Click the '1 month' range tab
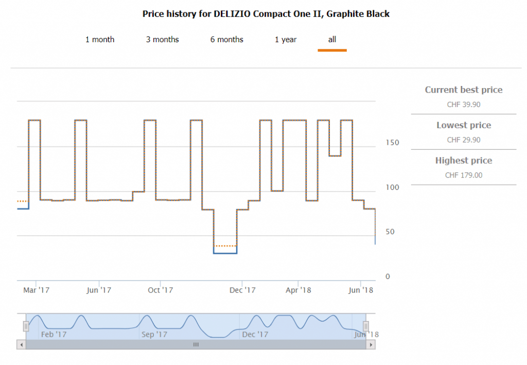click(100, 40)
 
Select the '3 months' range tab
click(162, 40)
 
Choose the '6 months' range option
click(226, 40)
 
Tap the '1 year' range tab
click(286, 40)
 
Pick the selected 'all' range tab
click(332, 40)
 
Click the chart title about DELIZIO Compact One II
click(266, 14)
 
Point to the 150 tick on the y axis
click(392, 143)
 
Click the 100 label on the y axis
click(392, 187)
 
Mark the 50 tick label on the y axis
click(390, 232)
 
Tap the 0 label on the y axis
click(388, 276)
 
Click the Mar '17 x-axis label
click(37, 290)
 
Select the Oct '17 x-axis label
click(161, 290)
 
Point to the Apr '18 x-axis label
click(299, 290)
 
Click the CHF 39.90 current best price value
click(463, 105)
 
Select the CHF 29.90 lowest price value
click(463, 140)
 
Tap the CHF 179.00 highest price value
click(463, 175)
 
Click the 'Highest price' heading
click(463, 161)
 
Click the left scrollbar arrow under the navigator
click(21, 344)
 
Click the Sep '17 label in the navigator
click(154, 335)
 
